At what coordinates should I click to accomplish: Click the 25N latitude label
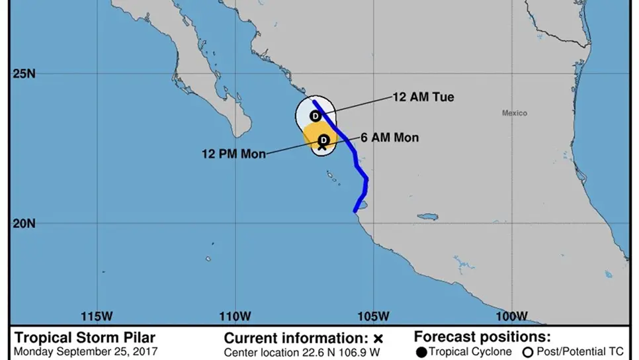[24, 73]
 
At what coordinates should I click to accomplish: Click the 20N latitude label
[24, 223]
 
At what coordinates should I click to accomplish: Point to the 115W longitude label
[95, 315]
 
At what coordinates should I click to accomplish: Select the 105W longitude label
[374, 315]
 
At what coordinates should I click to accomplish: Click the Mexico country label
[514, 113]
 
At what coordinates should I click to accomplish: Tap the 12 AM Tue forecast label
[423, 97]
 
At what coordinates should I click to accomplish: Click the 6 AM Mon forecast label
[390, 138]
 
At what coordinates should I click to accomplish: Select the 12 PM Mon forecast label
[234, 154]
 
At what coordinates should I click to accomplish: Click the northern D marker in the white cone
[316, 116]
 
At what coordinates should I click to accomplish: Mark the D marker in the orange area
[323, 140]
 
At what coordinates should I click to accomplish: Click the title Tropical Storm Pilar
[85, 338]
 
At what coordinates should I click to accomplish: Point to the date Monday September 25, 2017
[86, 351]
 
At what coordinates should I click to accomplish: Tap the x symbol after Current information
[378, 339]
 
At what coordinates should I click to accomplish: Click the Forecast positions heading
[482, 337]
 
